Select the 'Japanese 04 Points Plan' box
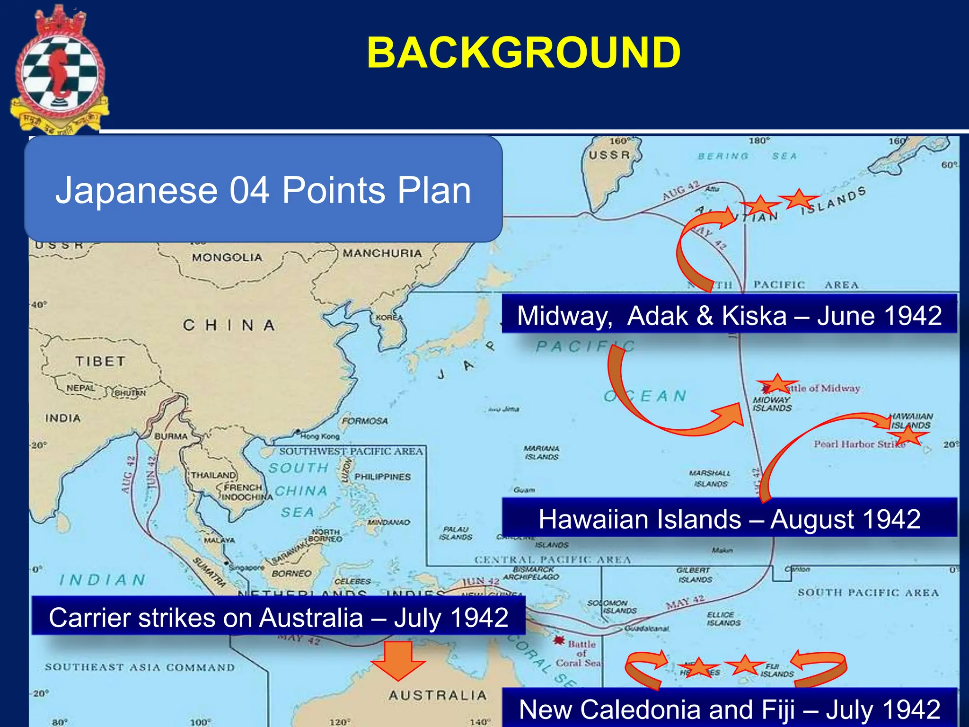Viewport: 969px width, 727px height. [x=263, y=189]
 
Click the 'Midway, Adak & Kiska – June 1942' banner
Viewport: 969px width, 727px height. [x=729, y=315]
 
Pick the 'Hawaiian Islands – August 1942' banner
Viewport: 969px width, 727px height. [x=729, y=519]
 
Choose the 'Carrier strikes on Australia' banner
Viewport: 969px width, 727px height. [x=278, y=617]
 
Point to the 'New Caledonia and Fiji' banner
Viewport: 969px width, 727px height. [x=729, y=709]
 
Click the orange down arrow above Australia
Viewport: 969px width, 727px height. [x=398, y=660]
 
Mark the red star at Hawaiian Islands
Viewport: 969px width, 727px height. [x=909, y=435]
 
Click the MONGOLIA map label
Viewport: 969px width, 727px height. [x=227, y=257]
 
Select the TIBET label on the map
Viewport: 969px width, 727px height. [x=100, y=362]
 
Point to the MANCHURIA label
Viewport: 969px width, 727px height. [x=382, y=253]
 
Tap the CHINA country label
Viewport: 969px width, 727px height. [x=229, y=326]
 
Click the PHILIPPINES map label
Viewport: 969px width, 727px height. [x=382, y=477]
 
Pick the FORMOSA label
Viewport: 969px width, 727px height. [x=365, y=421]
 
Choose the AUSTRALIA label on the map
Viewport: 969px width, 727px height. [x=438, y=695]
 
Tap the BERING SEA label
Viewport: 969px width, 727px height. [x=748, y=156]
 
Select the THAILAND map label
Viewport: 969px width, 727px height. [x=213, y=475]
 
